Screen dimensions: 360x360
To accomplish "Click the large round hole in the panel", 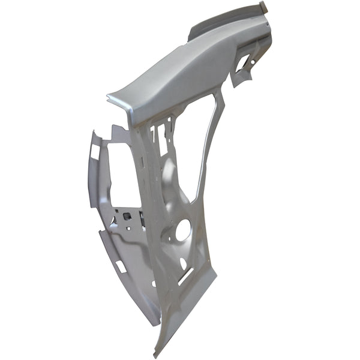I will click(x=183, y=230).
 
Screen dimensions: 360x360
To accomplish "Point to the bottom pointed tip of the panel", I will click(x=157, y=352).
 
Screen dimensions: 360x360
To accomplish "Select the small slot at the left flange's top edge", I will click(x=94, y=151).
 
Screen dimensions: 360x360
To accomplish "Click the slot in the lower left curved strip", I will click(x=119, y=266).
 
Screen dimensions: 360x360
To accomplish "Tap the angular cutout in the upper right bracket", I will click(x=243, y=63).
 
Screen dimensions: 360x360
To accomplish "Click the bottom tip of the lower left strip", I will click(x=157, y=324).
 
